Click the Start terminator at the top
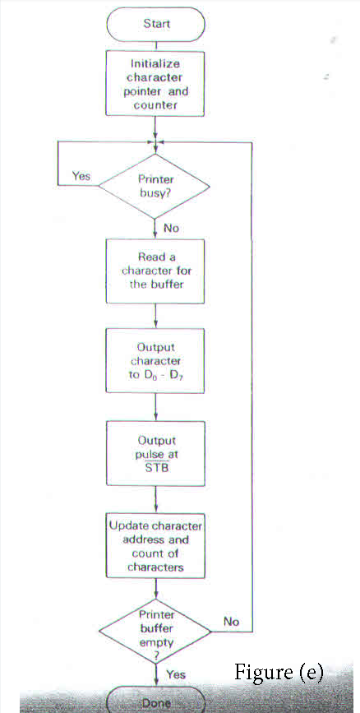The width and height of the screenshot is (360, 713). [156, 24]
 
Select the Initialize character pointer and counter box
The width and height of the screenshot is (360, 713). [156, 84]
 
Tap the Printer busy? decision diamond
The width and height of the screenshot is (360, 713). [156, 186]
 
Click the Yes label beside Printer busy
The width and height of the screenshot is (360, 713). [81, 176]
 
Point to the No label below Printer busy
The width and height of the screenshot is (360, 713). [171, 228]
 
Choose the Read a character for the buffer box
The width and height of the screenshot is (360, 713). [156, 271]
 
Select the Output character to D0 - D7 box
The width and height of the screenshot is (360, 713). [156, 361]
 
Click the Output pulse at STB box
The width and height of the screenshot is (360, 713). [156, 451]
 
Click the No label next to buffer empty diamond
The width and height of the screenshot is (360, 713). [232, 622]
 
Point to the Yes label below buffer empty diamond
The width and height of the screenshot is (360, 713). [176, 674]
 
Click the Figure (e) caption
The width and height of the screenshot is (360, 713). [279, 673]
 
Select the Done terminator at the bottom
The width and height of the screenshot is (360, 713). [156, 703]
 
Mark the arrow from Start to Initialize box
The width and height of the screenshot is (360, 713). [156, 44]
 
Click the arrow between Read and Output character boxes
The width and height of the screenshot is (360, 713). [156, 316]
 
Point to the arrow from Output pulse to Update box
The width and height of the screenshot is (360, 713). [156, 498]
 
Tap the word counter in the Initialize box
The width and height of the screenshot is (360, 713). [156, 105]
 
